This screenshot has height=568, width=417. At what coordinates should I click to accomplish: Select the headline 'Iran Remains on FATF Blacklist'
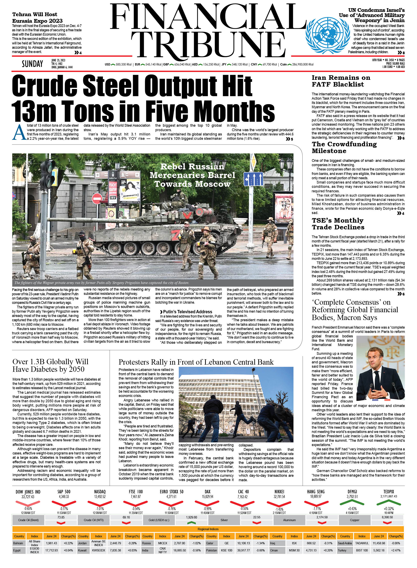click(341, 81)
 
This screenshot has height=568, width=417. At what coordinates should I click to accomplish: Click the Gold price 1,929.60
click(191, 517)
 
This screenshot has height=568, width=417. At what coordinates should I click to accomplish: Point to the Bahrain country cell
click(18, 543)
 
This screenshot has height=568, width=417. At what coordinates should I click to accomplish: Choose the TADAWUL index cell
click(362, 543)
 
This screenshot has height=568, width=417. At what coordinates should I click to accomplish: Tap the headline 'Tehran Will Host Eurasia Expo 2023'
click(37, 18)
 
